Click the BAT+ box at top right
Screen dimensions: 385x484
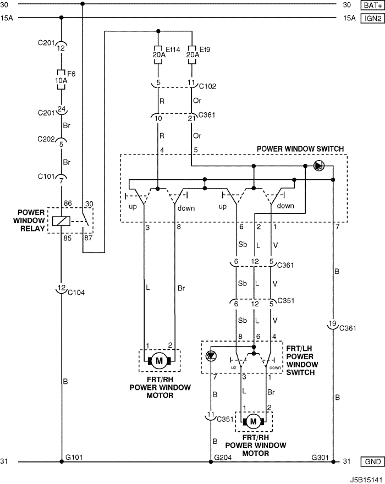[372, 5]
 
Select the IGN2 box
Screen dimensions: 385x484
[372, 18]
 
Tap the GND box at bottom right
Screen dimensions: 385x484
[372, 461]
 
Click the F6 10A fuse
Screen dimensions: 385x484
[61, 80]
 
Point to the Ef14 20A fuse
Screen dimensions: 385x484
[158, 54]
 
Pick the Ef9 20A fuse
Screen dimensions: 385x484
[192, 54]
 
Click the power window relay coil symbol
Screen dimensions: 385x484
[61, 221]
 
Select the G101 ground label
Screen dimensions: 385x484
[74, 457]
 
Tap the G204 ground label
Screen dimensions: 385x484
[223, 457]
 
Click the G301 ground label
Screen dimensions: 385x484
[320, 457]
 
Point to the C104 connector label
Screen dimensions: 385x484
[76, 292]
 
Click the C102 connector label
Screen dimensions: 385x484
[207, 86]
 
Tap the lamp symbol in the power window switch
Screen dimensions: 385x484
[318, 166]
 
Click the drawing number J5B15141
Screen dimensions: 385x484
[366, 480]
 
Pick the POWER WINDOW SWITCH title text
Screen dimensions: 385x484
[300, 149]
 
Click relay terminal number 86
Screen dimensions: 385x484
[68, 203]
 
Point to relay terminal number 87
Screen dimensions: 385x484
[89, 238]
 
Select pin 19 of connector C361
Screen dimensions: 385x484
[332, 323]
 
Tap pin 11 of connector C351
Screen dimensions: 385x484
[211, 414]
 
